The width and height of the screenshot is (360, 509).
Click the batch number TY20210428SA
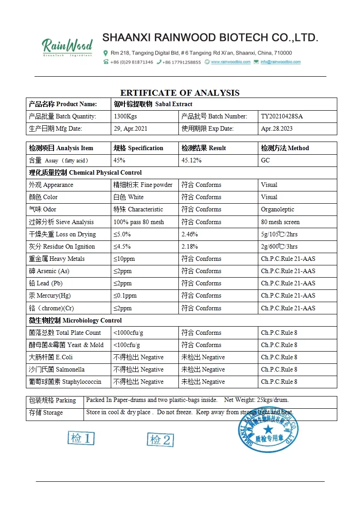click(x=281, y=117)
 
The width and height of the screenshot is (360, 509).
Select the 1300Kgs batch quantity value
click(x=125, y=117)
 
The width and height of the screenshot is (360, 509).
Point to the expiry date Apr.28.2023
click(x=277, y=129)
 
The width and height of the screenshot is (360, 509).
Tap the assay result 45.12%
click(x=192, y=161)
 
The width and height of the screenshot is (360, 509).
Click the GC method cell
click(x=266, y=161)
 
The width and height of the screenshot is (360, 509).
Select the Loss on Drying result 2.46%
click(x=189, y=235)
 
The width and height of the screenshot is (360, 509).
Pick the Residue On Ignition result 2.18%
click(x=189, y=247)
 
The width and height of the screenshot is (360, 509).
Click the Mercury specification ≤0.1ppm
click(x=125, y=296)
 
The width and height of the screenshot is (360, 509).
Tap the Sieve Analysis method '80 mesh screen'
click(x=280, y=222)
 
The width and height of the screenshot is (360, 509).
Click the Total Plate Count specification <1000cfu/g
click(x=128, y=333)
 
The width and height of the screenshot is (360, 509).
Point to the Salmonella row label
click(x=57, y=370)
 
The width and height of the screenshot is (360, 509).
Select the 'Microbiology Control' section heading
click(x=75, y=321)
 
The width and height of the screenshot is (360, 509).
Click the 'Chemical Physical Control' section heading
click(x=85, y=173)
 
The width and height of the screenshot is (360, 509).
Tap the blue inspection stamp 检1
click(x=81, y=438)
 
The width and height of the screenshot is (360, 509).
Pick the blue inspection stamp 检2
click(x=160, y=440)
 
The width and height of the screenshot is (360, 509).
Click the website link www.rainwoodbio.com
click(x=231, y=62)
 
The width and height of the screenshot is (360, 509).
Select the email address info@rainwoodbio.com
click(x=281, y=62)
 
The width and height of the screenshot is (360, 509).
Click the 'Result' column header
click(x=204, y=148)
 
